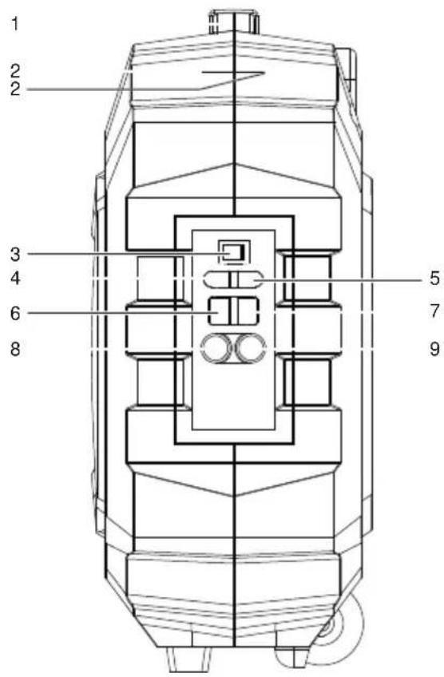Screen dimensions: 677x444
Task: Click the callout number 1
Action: (x=14, y=23)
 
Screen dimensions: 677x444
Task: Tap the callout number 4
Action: (x=14, y=279)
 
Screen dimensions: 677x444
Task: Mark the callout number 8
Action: (x=14, y=348)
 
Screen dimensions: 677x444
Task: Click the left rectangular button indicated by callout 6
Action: (x=218, y=310)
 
